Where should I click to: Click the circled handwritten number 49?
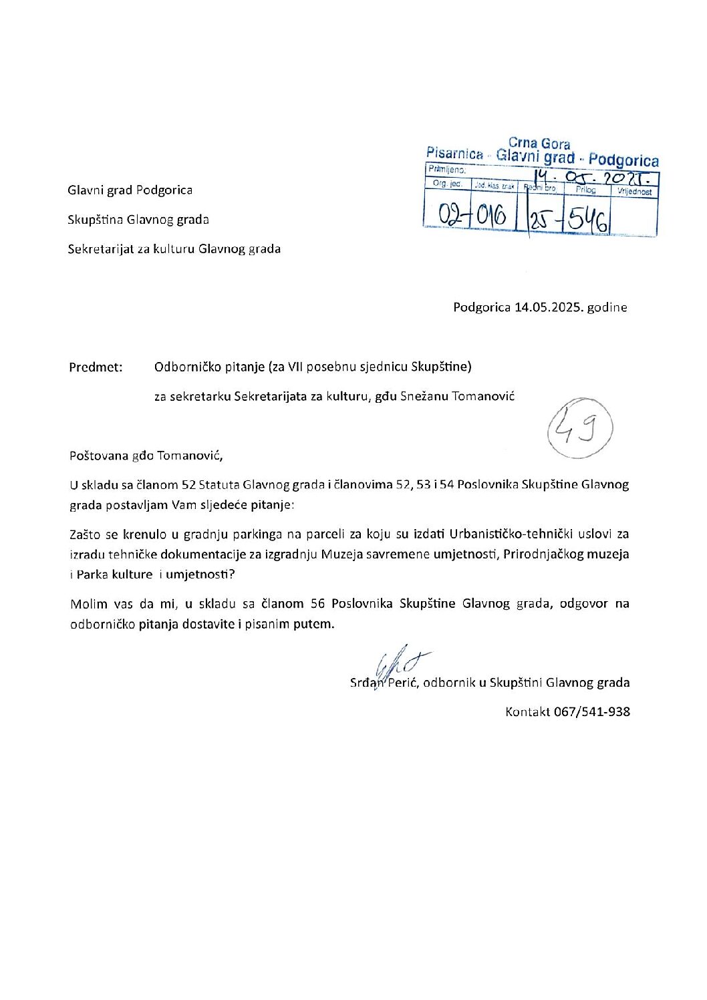click(579, 429)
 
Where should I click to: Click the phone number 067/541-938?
click(591, 711)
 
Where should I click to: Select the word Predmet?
click(96, 367)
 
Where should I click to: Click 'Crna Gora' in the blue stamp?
click(539, 144)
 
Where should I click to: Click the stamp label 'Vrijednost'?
click(635, 192)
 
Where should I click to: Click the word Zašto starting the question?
click(85, 534)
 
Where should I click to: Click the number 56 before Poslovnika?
click(318, 603)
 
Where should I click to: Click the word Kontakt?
click(527, 711)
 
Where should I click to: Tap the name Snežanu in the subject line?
click(424, 396)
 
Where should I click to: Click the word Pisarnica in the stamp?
click(454, 154)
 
